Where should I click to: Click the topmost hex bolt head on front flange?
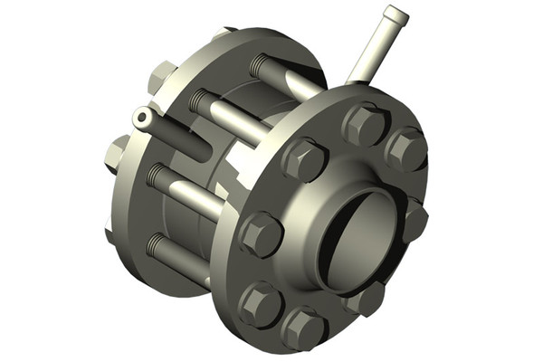tap(366, 124)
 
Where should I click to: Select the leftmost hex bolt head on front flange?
tap(261, 233)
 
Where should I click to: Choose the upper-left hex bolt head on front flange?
tap(304, 159)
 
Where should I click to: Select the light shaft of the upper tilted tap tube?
tap(368, 50)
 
